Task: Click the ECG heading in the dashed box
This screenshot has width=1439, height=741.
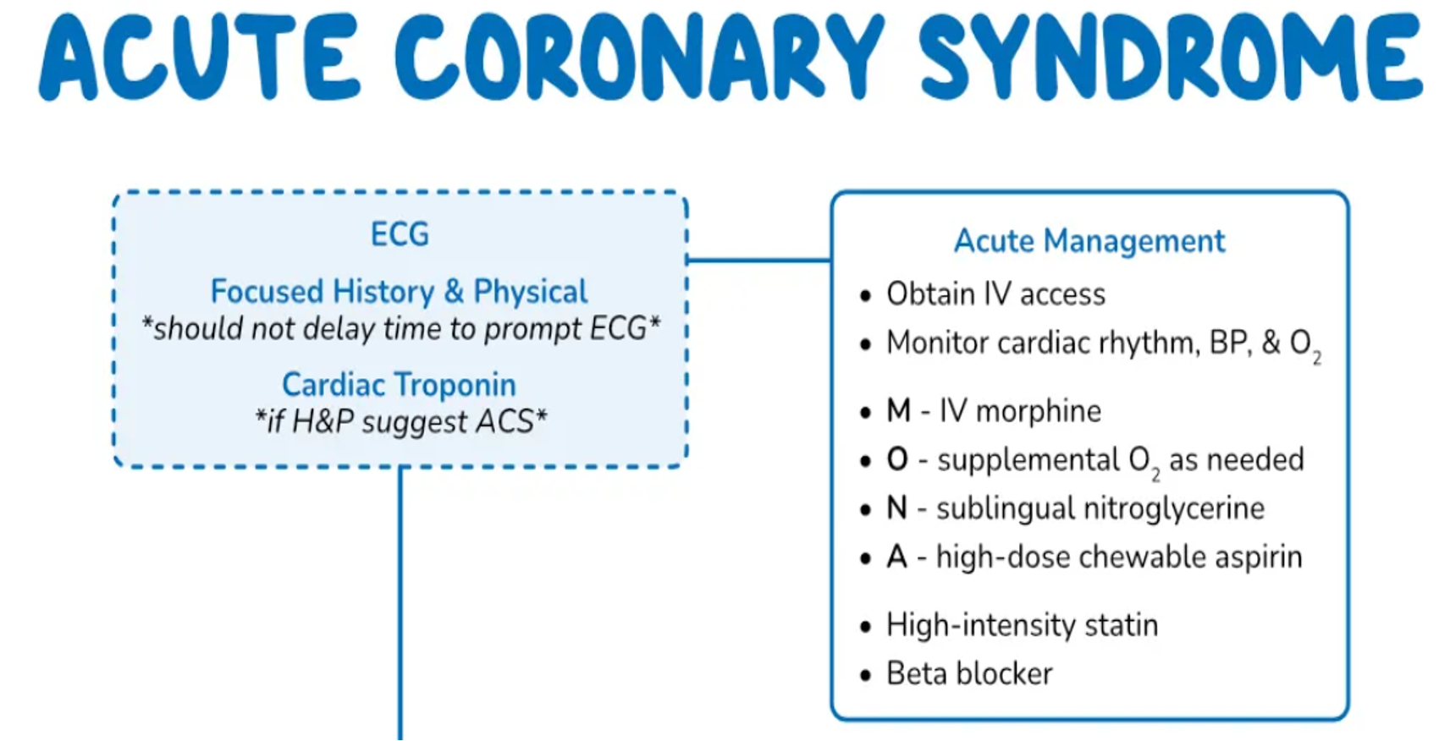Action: [400, 234]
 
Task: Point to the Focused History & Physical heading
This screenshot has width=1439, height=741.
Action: [399, 292]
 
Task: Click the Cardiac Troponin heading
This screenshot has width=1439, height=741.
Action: [399, 385]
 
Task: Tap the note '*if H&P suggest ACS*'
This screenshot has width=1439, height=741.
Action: [401, 421]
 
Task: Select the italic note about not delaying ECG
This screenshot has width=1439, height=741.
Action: [400, 329]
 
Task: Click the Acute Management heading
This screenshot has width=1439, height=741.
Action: [1089, 241]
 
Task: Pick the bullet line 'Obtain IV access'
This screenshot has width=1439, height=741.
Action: [995, 294]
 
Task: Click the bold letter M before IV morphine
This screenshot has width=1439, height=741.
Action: [898, 411]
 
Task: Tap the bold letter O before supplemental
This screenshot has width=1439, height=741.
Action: [897, 460]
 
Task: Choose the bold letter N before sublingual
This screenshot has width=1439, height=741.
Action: [897, 508]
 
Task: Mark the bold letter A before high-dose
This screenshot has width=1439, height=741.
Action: [897, 557]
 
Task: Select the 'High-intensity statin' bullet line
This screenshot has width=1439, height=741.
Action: [1022, 625]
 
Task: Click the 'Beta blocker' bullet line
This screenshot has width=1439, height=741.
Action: [969, 674]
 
